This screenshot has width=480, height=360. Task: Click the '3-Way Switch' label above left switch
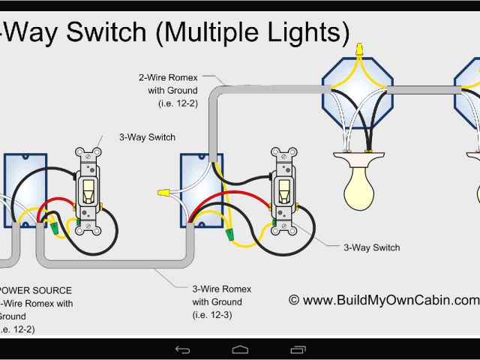pos(146,137)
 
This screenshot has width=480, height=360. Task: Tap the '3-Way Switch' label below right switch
pos(371,247)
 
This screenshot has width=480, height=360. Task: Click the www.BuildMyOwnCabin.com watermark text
pos(390,300)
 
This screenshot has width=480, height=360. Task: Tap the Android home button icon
pos(240,349)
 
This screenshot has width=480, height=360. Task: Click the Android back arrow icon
pos(182,349)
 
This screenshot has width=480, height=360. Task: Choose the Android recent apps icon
pos(298,349)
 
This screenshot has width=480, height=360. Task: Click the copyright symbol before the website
pos(294,300)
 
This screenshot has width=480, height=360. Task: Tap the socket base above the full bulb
pos(359,160)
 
